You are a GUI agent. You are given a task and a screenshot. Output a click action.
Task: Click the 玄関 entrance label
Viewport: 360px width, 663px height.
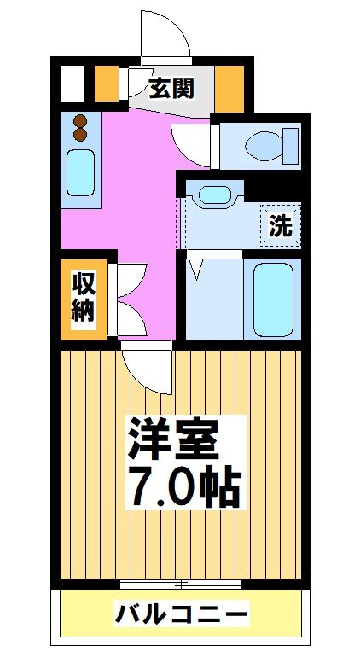(x=171, y=87)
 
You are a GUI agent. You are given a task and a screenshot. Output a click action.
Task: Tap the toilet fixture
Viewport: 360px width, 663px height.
(x=268, y=144)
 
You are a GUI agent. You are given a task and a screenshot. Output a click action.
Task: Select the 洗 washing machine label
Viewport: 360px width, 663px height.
(x=281, y=225)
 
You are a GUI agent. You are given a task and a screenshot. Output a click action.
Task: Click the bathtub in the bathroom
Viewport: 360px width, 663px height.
(x=273, y=299)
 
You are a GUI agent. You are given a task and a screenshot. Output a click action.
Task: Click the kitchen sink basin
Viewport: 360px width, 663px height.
(x=81, y=172)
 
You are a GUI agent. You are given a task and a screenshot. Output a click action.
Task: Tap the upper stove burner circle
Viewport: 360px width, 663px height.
(x=81, y=120)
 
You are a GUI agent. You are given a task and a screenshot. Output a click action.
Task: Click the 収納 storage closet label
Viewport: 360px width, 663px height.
(x=82, y=298)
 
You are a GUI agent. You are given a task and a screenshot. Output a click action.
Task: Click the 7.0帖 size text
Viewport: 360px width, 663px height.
(x=184, y=486)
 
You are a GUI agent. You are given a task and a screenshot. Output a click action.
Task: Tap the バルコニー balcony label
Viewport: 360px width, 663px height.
(x=182, y=614)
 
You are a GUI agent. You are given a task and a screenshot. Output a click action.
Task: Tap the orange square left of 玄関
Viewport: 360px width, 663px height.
(x=107, y=83)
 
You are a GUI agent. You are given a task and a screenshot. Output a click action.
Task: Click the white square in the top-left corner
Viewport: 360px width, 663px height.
(x=73, y=83)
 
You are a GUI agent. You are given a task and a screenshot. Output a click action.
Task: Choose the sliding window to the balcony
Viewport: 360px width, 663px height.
(x=182, y=584)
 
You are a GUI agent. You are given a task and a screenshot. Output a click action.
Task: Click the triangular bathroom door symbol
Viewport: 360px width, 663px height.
(x=196, y=270)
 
